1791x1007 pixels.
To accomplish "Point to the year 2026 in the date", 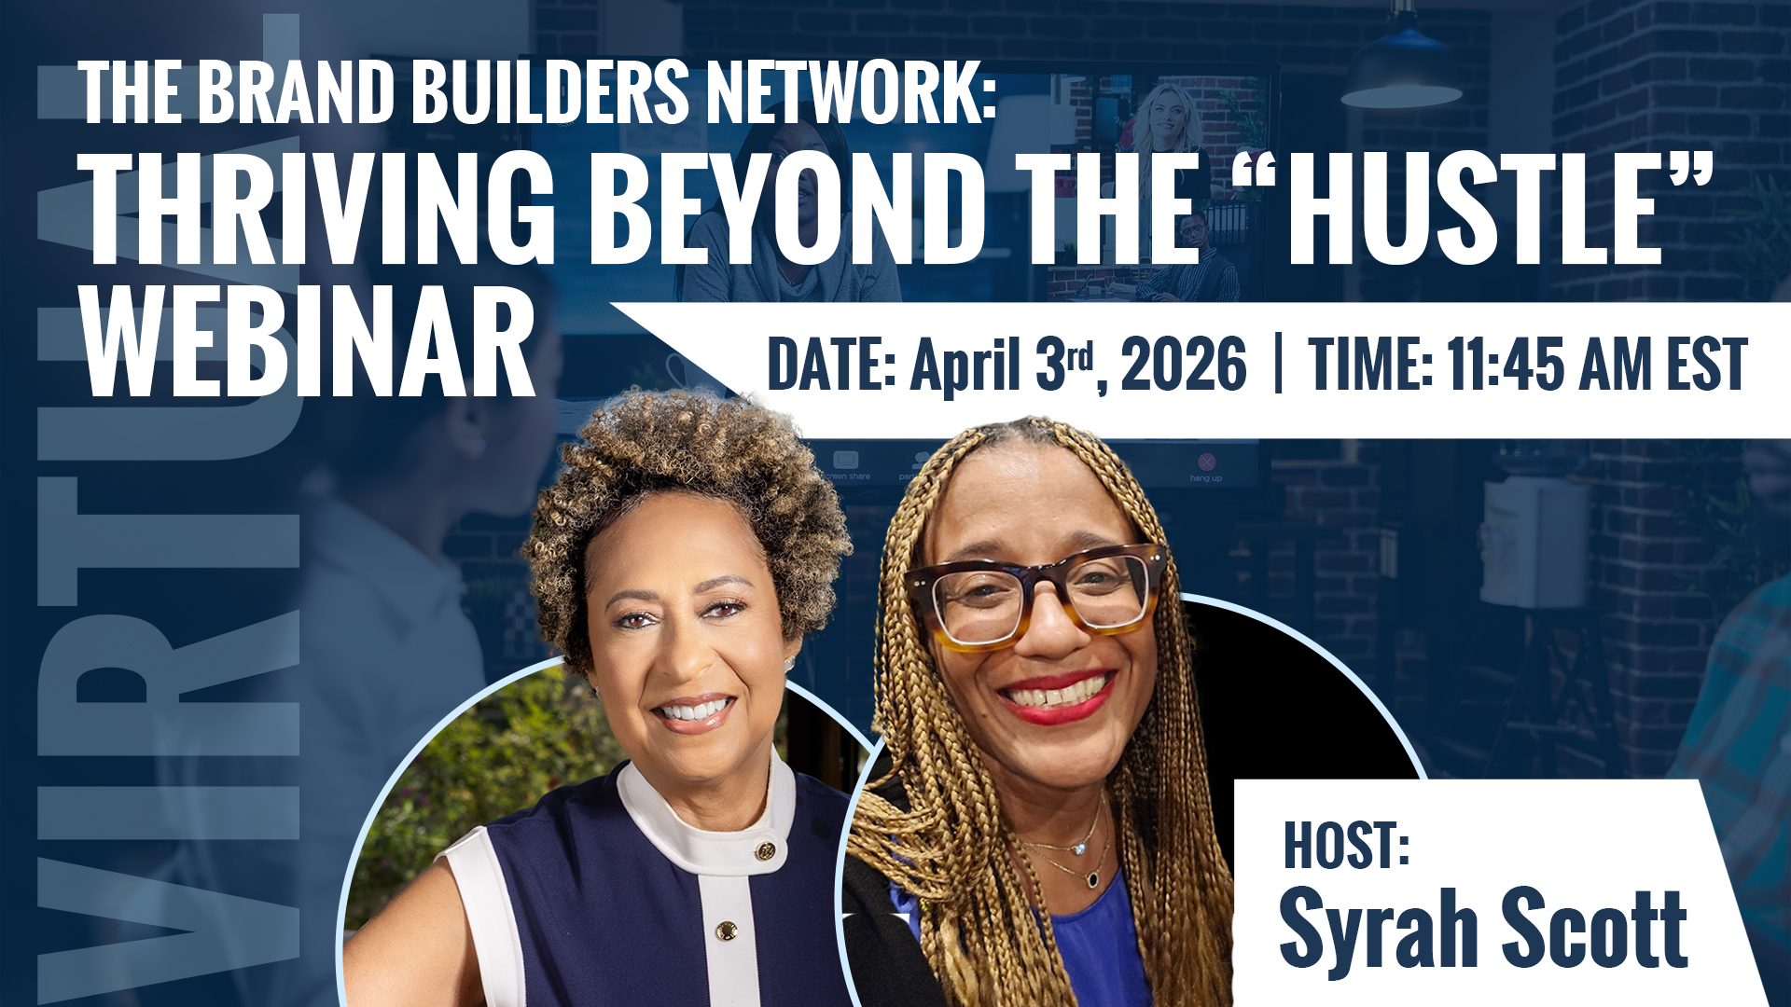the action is tap(1183, 365).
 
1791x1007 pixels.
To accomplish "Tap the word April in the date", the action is tap(965, 367).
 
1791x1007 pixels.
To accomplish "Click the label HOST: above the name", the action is tap(1346, 845).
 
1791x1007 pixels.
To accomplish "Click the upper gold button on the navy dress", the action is tap(765, 850).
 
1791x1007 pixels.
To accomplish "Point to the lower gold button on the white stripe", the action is tap(726, 930).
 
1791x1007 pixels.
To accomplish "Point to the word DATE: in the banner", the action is tap(831, 365).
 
